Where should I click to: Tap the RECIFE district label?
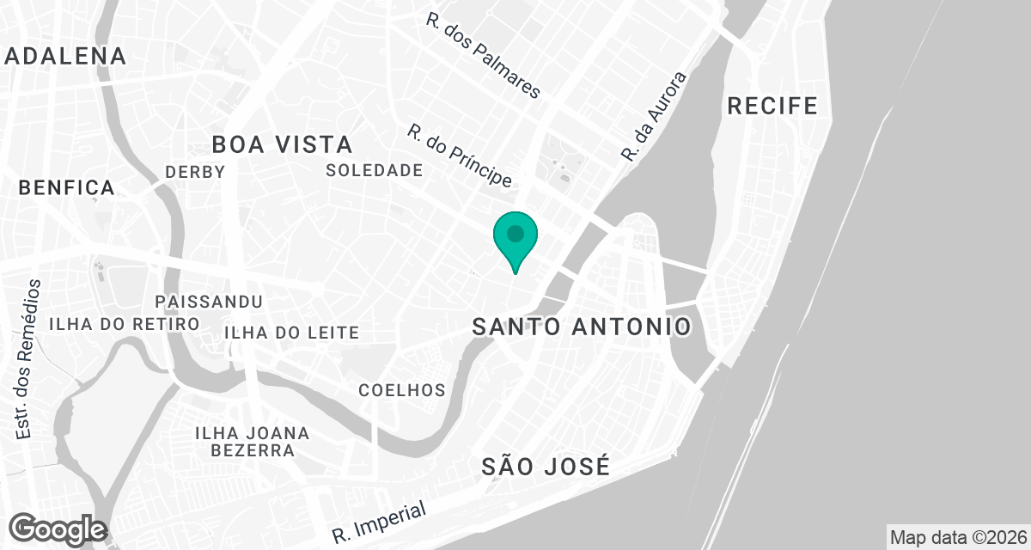772,106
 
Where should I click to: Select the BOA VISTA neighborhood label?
282,144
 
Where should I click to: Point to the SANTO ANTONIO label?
582,327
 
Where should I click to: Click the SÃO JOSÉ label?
546,467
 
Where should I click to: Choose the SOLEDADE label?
375,170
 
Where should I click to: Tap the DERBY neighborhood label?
195,172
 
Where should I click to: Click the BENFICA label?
66,187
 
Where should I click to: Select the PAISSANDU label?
209,302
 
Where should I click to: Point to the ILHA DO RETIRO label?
124,324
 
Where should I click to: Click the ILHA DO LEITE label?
290,333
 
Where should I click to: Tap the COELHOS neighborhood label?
402,390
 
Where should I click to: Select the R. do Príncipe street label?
460,156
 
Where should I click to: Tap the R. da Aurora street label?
655,118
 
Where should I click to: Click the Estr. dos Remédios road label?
29,359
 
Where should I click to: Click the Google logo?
58,529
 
